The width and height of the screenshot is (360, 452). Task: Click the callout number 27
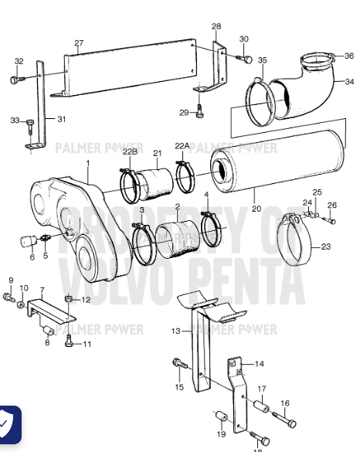click(x=79, y=42)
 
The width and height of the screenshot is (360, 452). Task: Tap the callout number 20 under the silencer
click(x=256, y=208)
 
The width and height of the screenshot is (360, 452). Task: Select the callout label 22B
click(x=130, y=152)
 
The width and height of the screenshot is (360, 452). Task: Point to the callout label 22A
click(x=182, y=145)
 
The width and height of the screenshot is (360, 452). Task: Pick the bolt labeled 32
click(x=15, y=79)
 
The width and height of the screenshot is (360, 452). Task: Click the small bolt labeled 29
click(x=200, y=109)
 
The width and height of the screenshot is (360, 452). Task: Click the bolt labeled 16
click(x=289, y=423)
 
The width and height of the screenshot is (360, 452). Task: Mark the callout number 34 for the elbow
click(x=349, y=82)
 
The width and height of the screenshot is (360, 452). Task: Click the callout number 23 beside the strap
click(x=325, y=247)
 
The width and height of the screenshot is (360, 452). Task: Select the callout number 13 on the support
click(x=176, y=331)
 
